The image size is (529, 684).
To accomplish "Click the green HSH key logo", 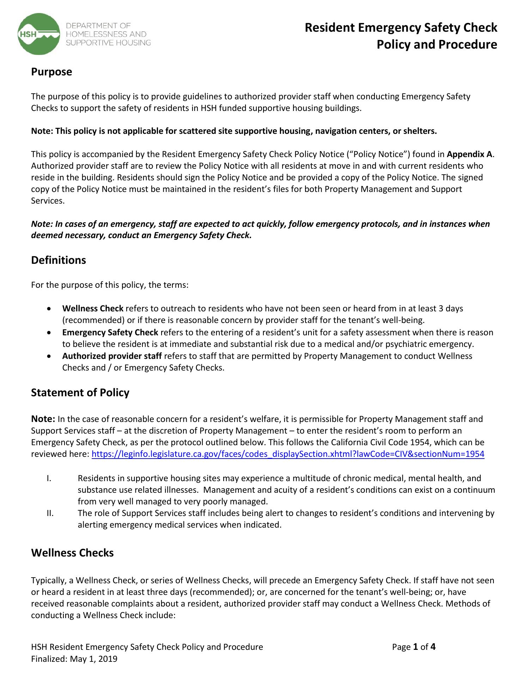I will point(39,34).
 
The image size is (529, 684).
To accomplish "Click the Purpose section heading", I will point(51,72).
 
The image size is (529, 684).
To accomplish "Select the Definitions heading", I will point(59,260).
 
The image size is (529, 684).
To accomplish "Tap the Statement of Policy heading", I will point(80,393).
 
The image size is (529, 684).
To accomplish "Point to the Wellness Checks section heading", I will point(72,553).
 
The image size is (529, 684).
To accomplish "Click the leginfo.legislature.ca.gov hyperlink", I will point(288,454).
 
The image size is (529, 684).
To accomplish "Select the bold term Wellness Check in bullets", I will point(93,309).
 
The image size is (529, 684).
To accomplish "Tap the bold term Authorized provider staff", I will point(112,356).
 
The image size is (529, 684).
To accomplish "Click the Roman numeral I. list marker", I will point(49,478).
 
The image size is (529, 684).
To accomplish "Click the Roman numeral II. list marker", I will point(50,513).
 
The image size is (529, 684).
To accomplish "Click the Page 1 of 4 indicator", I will point(414,647).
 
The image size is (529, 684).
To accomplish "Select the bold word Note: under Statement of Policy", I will point(43,419).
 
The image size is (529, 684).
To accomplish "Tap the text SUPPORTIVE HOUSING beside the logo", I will point(108,43).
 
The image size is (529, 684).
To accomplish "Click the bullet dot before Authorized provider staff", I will point(50,356).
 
